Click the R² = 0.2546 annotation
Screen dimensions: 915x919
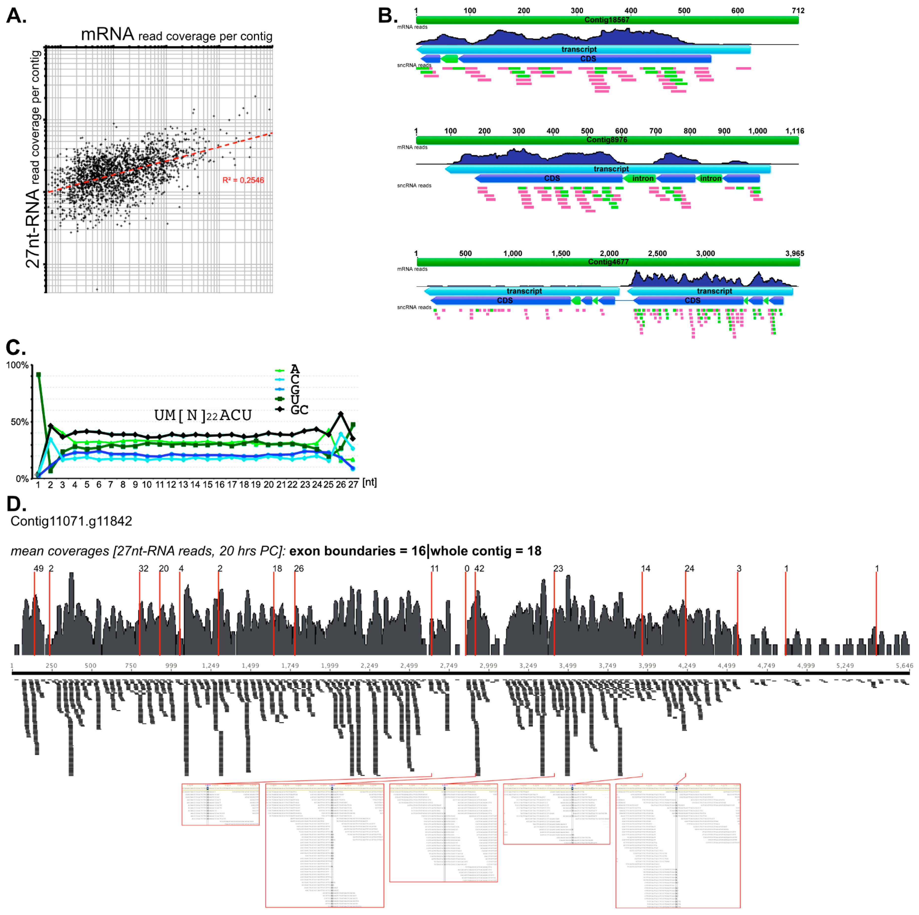click(x=243, y=180)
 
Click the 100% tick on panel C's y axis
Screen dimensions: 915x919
click(x=17, y=365)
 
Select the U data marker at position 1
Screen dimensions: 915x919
click(x=39, y=375)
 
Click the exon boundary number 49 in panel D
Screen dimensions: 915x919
click(x=39, y=568)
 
